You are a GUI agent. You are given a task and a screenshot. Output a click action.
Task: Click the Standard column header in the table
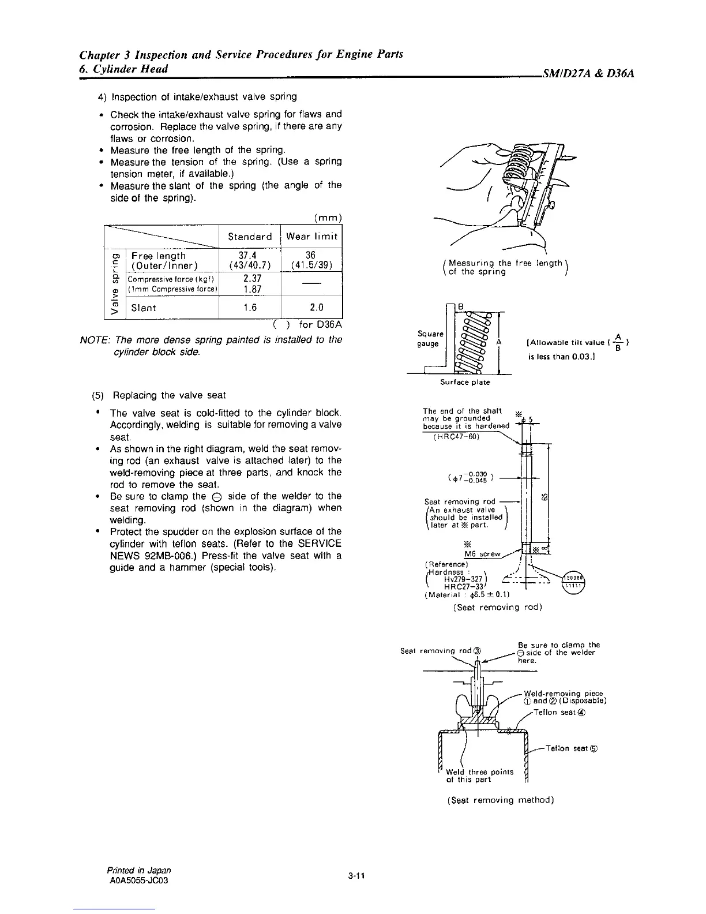[250, 237]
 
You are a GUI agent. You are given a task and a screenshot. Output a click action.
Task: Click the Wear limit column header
[311, 237]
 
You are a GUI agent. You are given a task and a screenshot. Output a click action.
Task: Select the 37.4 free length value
[250, 256]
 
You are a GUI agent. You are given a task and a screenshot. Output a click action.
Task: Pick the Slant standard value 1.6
[250, 308]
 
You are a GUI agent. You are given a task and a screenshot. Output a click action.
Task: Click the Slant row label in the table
[144, 308]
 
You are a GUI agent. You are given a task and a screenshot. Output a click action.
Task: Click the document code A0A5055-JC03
[138, 881]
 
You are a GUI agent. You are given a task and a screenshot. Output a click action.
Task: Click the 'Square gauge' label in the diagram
[430, 339]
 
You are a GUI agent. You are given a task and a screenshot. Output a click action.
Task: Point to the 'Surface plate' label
[465, 382]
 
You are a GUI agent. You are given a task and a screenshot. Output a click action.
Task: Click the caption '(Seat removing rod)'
[497, 607]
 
